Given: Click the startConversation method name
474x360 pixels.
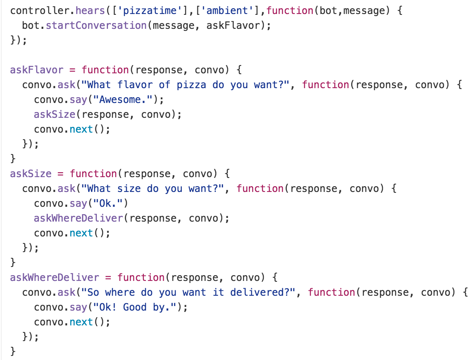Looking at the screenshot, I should tap(96, 25).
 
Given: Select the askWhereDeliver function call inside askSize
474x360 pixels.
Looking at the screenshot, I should tap(78, 218).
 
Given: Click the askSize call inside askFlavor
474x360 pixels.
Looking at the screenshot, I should tap(54, 115).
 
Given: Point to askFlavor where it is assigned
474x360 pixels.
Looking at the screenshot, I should tap(37, 70).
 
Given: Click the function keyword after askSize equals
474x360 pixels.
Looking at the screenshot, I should tap(93, 174).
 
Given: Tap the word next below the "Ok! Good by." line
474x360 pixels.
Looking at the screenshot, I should tap(81, 322).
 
